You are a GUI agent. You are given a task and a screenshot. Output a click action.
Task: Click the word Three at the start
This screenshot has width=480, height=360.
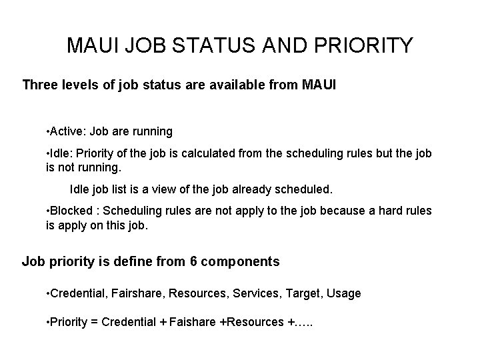[x=41, y=85]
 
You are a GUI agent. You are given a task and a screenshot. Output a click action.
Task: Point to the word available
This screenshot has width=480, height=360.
[x=234, y=85]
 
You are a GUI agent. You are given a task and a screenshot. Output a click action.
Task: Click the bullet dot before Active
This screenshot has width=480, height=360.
[x=47, y=131]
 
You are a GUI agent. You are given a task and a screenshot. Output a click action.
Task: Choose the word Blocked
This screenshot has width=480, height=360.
[x=70, y=211]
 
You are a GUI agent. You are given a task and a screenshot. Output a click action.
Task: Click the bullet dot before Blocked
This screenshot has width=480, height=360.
[x=47, y=211]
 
